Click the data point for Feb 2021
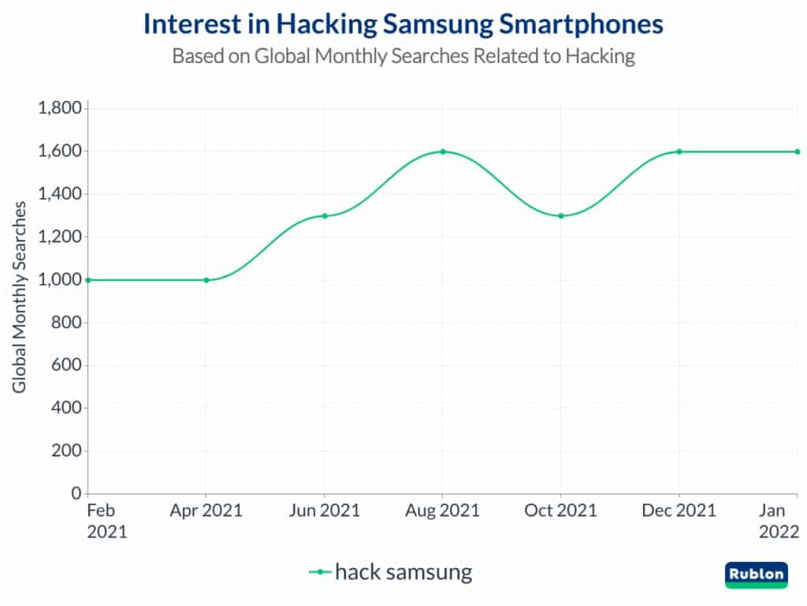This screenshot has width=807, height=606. [88, 279]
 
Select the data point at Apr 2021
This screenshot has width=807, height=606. [206, 279]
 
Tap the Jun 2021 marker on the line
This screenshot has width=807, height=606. [324, 215]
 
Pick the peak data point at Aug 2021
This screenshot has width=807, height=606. [442, 151]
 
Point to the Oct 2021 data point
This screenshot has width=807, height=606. [560, 215]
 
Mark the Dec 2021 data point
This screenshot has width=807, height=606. [679, 151]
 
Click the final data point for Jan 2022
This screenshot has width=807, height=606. [797, 151]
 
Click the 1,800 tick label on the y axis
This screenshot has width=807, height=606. [60, 108]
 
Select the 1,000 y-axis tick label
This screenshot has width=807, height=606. [60, 279]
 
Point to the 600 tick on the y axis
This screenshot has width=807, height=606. [67, 365]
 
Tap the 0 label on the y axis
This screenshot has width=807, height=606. [76, 494]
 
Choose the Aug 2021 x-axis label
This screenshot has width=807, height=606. [442, 511]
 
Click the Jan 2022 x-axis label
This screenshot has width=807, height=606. [778, 521]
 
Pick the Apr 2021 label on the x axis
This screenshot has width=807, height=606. [206, 511]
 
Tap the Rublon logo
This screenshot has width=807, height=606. [756, 574]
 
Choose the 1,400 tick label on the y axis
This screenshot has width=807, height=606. [60, 194]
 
